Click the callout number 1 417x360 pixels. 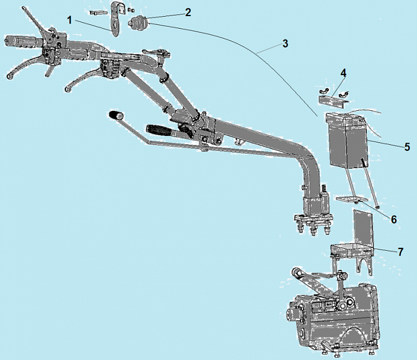coord(70,20)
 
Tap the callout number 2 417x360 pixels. coord(188,13)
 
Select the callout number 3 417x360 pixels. coord(285,44)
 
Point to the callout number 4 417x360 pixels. coord(344,72)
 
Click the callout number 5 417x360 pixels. coord(407,147)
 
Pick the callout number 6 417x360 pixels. coord(394,219)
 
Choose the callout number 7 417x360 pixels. coord(400,252)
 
